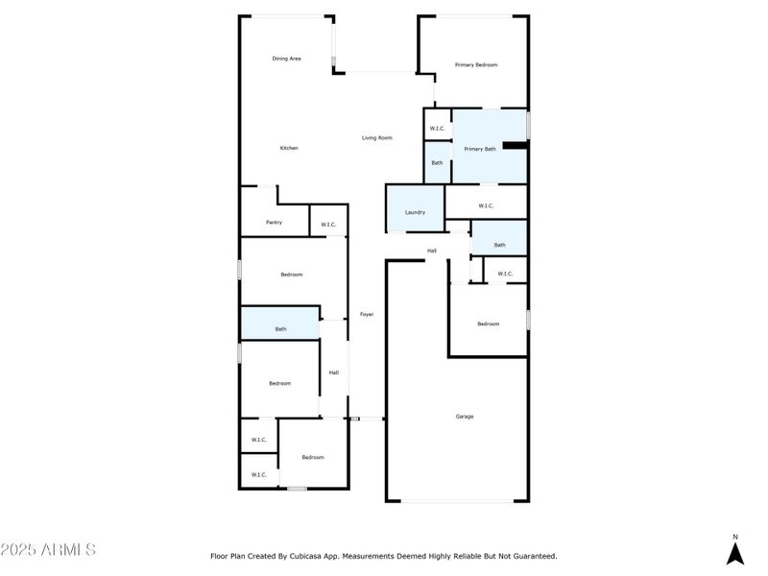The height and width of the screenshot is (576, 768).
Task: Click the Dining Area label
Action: pos(286,59)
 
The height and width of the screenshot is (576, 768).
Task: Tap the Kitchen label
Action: pos(289,148)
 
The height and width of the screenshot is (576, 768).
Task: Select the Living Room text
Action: pos(376,138)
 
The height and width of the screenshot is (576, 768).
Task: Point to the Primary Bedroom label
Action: pos(476,64)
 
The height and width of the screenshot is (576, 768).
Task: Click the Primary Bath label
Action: pos(479,149)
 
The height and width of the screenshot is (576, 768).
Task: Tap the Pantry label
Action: pos(274,223)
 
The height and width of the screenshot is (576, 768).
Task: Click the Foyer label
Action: pos(367,314)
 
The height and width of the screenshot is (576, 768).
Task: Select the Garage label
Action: pos(464,416)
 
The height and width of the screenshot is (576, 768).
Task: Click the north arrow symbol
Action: pos(735,553)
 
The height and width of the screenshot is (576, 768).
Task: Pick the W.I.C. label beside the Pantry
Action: pos(328,225)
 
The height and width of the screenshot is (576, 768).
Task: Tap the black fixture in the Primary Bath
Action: pos(516,146)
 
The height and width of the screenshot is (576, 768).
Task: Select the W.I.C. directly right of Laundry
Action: pos(485,204)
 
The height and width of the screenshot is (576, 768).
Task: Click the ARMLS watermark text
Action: pos(48,550)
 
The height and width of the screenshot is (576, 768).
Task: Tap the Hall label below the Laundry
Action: pos(432,251)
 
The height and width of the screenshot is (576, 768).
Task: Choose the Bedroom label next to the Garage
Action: pos(489,324)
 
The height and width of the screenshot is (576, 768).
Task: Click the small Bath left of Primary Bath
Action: pos(437,162)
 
